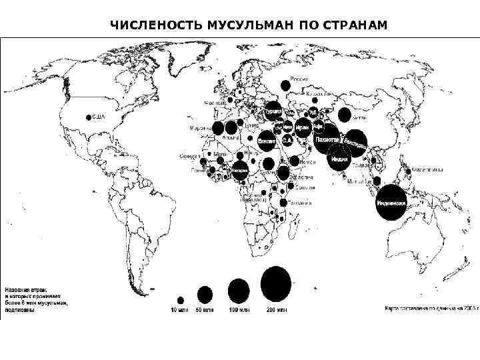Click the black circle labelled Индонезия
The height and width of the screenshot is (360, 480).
click(x=391, y=202)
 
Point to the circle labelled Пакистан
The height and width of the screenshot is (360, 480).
click(x=327, y=140)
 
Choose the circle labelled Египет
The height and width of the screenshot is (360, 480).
click(x=267, y=142)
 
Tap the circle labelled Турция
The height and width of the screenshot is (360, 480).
click(x=273, y=112)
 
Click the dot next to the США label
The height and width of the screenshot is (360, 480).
click(x=89, y=117)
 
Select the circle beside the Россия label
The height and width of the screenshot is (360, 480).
click(x=285, y=85)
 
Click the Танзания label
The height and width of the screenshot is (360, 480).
click(x=300, y=201)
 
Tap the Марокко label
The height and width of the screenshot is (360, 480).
click(x=199, y=127)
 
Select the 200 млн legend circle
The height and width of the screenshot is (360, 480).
click(x=276, y=283)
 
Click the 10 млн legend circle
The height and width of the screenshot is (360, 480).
click(x=180, y=300)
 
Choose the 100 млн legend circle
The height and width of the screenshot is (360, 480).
click(x=239, y=291)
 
